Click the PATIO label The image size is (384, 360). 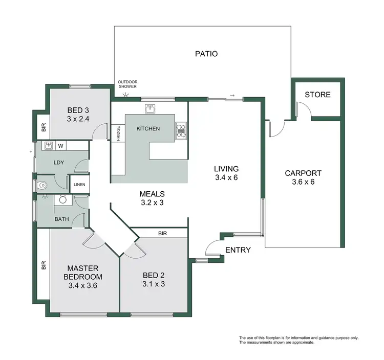click(x=206, y=53)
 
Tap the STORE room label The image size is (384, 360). click(x=317, y=95)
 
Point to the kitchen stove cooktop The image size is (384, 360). click(x=181, y=131)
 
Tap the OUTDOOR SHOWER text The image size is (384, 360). click(x=127, y=84)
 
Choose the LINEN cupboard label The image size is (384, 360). click(x=79, y=185)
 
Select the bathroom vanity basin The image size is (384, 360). click(x=63, y=200)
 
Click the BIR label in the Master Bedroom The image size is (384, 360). click(x=44, y=265)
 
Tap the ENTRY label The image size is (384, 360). click(x=238, y=250)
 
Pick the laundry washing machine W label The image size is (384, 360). click(x=60, y=146)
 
